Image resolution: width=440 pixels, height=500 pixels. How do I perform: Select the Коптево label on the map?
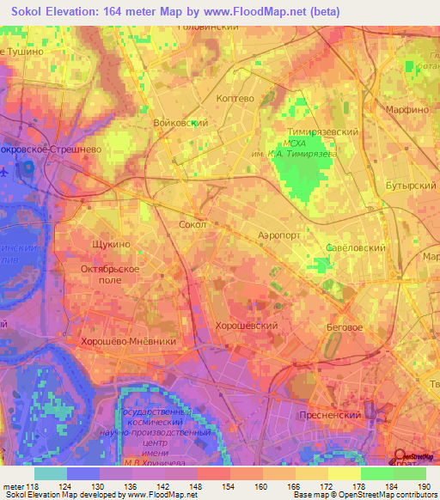(x=236, y=99)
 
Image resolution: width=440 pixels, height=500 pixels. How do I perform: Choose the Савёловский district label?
(x=336, y=247)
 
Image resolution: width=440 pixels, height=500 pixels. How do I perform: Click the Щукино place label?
(x=110, y=244)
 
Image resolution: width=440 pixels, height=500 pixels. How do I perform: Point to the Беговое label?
(x=345, y=328)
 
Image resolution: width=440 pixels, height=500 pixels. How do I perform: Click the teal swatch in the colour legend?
(x=51, y=473)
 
